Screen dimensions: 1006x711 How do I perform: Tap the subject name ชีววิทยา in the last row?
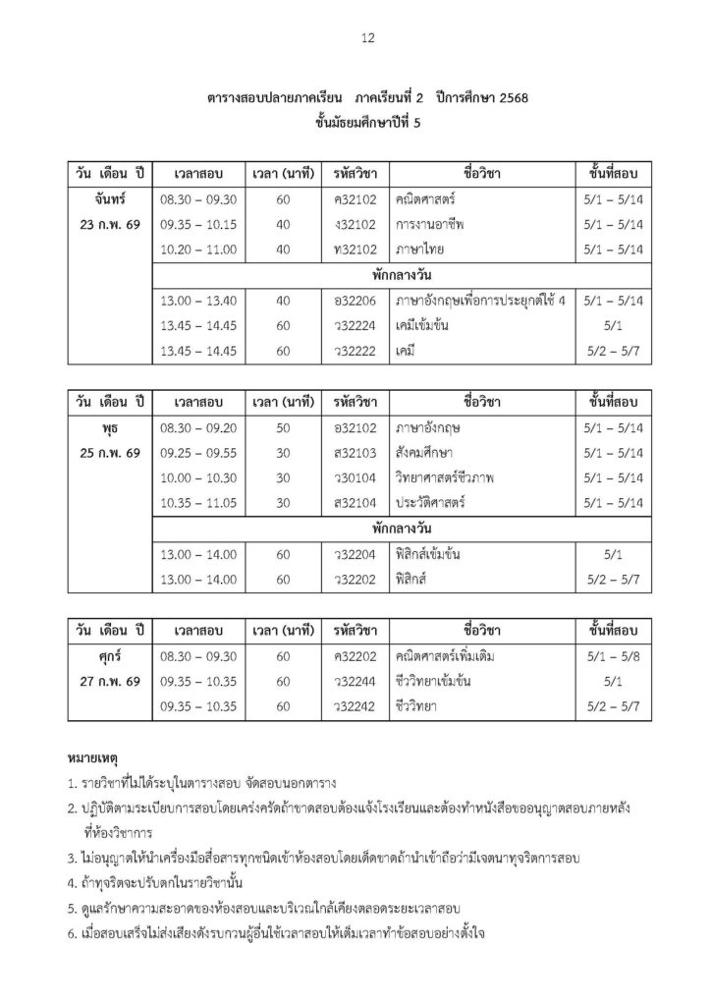[x=420, y=706]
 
